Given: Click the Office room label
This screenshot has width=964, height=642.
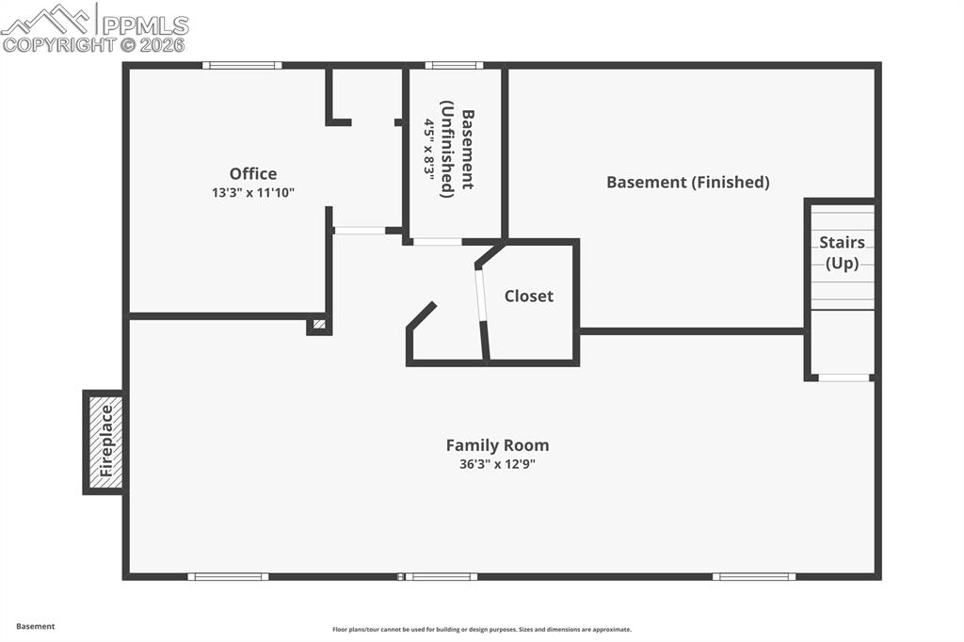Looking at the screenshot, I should point(253,174).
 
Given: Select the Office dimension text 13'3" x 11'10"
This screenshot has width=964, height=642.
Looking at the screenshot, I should point(253,192).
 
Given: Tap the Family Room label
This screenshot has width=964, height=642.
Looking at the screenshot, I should point(497,445).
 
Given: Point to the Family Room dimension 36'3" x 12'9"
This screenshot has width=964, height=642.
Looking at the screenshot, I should point(497,463).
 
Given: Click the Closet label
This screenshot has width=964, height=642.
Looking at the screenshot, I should point(528,296).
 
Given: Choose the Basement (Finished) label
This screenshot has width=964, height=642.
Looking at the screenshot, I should point(687,182).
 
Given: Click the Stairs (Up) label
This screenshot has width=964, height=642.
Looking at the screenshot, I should point(842,252).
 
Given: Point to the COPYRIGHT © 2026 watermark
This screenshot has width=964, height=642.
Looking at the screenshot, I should point(93,44).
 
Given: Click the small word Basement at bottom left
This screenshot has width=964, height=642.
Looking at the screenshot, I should point(36,626).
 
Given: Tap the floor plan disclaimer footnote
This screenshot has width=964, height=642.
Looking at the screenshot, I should point(481,630).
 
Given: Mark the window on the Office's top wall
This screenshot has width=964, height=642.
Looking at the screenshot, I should point(242,66).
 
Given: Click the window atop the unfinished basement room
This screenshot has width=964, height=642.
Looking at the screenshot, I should point(454,66).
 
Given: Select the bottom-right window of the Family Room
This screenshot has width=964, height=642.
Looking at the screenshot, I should point(753,576).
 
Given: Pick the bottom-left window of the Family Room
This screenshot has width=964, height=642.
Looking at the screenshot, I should point(228,576).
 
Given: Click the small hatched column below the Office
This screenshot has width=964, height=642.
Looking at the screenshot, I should point(319,325).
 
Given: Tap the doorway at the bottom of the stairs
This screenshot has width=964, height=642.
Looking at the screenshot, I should point(843,377).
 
